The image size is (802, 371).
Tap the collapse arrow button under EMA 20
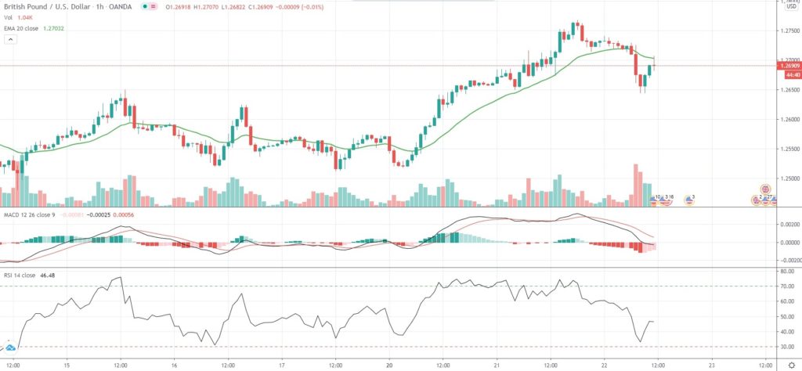coord(9,41)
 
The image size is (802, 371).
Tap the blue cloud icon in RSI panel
coord(11,344)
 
